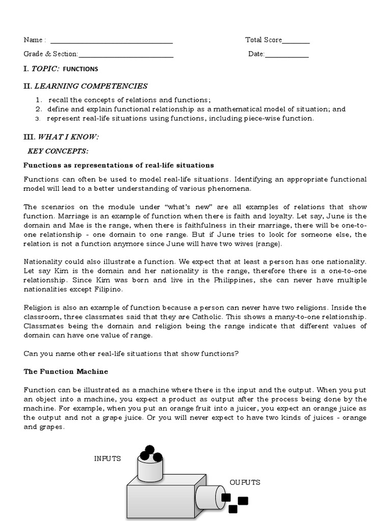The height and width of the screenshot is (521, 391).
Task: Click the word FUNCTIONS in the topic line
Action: click(81, 69)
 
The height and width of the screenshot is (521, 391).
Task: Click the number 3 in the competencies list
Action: click(37, 119)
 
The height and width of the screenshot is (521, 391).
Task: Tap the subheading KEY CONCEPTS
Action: click(58, 151)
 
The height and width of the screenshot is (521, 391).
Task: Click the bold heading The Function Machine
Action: click(66, 371)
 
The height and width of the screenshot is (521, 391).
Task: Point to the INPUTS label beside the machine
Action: click(107, 458)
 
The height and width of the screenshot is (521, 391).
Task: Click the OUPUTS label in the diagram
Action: click(245, 482)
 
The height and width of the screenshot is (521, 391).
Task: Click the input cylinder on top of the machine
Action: click(150, 471)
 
